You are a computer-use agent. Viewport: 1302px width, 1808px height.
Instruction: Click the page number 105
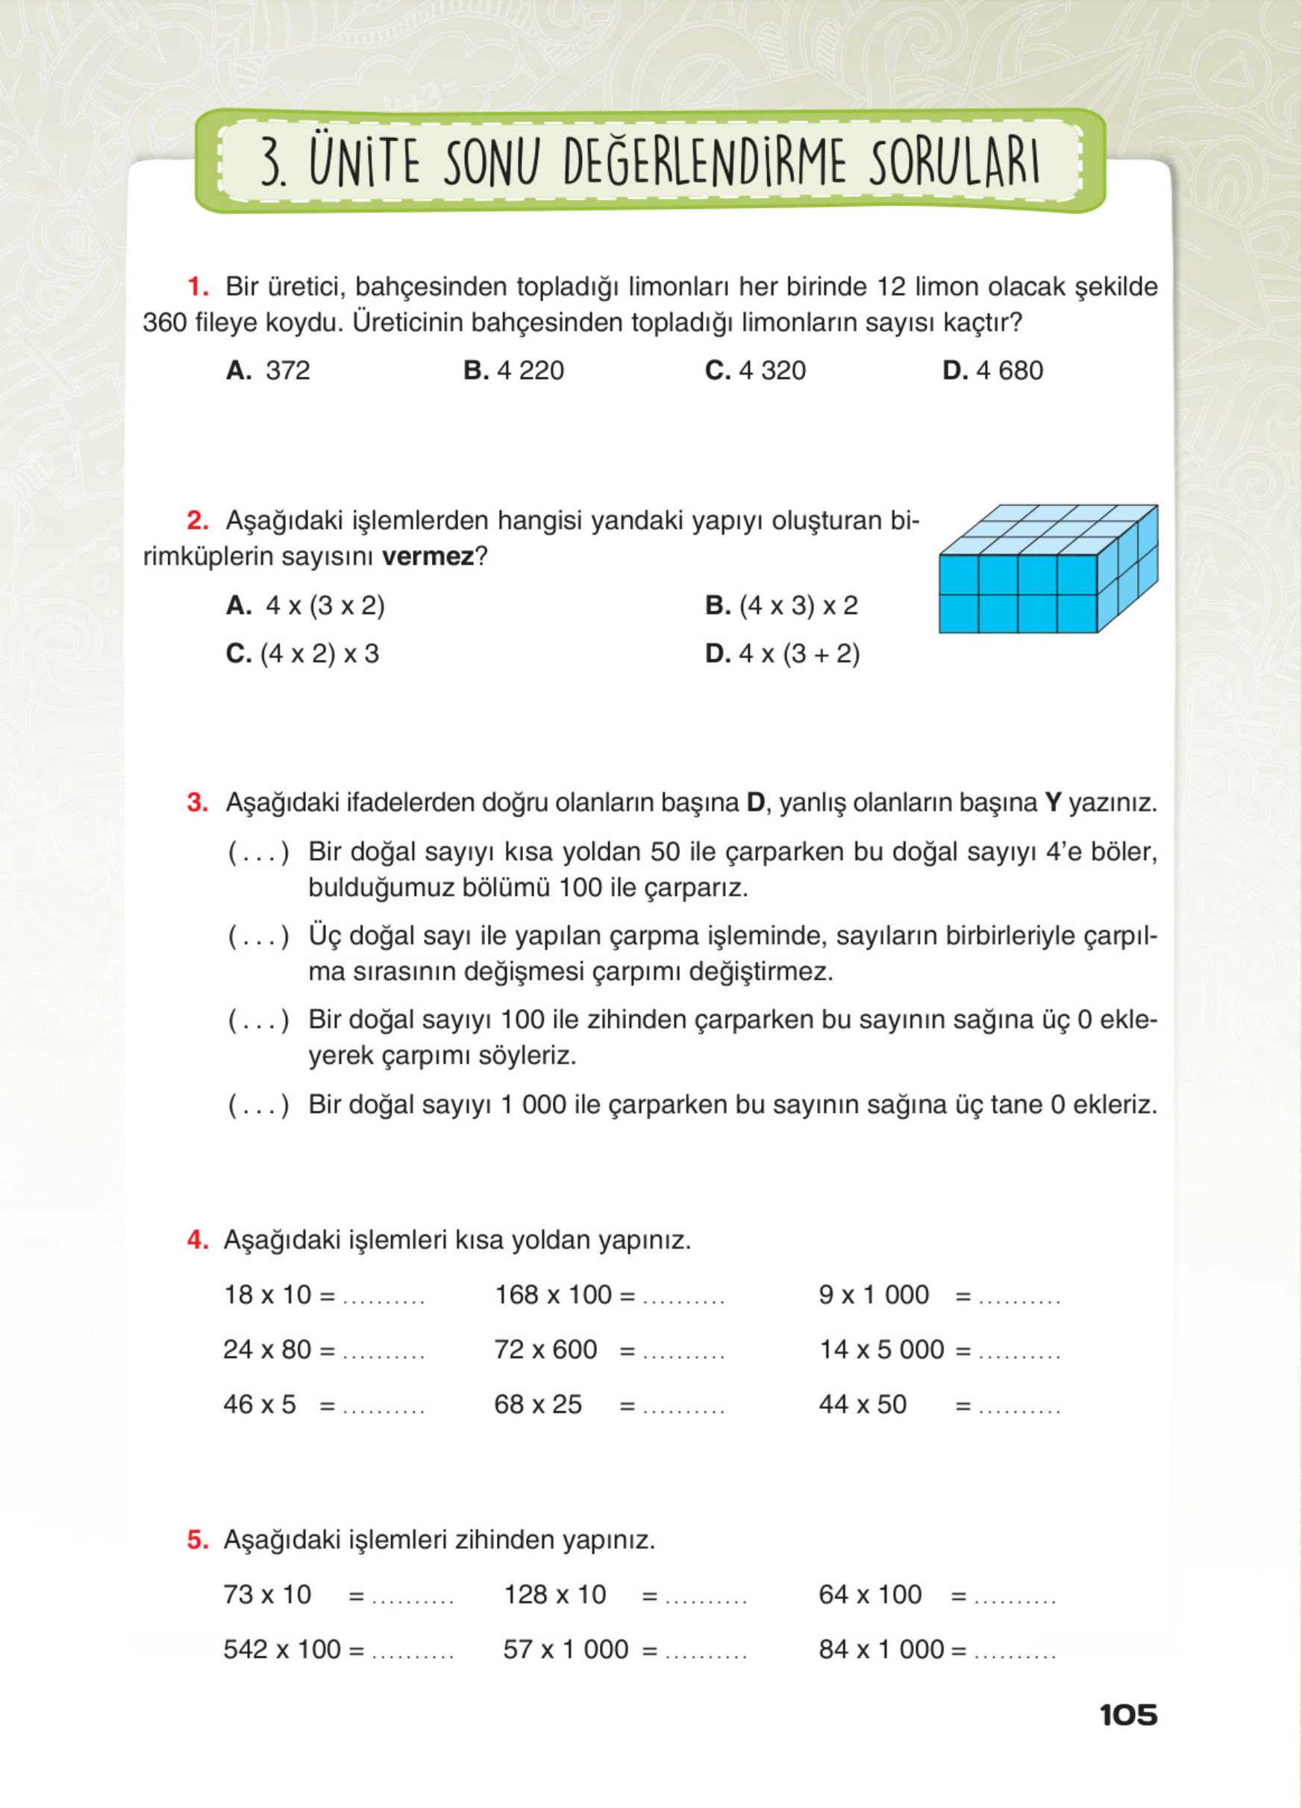1127,1715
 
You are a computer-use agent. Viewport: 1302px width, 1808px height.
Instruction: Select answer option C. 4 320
755,371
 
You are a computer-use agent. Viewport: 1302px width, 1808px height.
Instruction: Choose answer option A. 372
268,371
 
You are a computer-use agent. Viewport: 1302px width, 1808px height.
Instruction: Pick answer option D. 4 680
992,371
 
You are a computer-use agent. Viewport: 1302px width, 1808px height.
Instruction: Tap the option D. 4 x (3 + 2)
782,653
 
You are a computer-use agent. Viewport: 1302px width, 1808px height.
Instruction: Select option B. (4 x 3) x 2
781,606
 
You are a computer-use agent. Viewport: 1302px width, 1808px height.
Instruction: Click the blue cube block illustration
1048,569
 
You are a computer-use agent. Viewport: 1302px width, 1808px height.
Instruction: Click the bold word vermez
428,556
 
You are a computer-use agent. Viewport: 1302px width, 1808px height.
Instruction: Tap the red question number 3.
197,803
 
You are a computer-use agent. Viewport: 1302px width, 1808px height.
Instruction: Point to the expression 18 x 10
268,1295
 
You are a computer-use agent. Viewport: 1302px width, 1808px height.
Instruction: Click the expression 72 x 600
545,1349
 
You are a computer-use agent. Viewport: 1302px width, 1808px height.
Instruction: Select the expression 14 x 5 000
881,1349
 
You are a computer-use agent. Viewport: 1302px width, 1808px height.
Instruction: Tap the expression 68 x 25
538,1404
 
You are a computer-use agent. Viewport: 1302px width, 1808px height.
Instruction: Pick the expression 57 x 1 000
566,1648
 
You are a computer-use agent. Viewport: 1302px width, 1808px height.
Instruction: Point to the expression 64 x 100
870,1595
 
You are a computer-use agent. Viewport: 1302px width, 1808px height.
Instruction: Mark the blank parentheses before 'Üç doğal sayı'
258,936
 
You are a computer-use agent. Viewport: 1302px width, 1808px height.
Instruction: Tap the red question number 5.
197,1539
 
